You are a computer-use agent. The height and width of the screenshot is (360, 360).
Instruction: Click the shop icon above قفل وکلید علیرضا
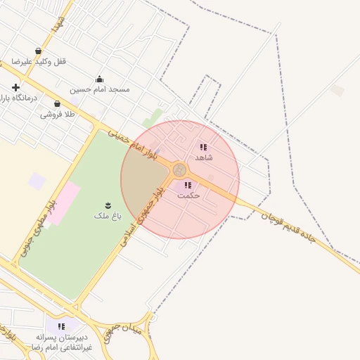click(38, 51)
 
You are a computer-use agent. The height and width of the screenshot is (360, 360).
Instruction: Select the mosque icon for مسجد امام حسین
click(99, 79)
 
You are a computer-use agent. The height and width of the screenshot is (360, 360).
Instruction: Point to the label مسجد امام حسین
click(99, 90)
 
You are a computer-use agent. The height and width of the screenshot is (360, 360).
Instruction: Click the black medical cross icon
click(15, 87)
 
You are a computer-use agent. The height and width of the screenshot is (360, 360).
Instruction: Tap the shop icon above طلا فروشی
click(57, 104)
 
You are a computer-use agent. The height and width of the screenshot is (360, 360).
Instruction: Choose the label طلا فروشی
click(57, 115)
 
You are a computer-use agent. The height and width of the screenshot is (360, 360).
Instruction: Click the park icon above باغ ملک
click(108, 205)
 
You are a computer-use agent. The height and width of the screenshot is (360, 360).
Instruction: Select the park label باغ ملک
click(108, 215)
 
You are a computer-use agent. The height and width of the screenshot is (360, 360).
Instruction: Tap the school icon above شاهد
click(203, 148)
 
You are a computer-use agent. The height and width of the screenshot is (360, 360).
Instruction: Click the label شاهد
click(204, 157)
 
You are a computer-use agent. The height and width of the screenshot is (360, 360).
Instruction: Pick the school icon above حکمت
click(188, 185)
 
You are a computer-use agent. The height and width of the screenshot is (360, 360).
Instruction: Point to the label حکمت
click(188, 195)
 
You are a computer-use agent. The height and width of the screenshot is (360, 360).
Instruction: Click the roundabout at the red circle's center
click(179, 170)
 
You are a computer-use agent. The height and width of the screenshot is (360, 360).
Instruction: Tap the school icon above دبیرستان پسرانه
click(62, 326)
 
